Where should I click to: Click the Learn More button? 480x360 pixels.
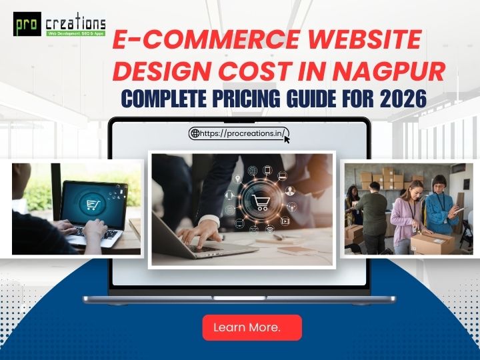(251, 327)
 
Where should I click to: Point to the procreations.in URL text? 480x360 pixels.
(243, 133)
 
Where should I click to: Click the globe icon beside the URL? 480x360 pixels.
(195, 133)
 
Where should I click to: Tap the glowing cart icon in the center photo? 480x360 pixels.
(259, 201)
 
